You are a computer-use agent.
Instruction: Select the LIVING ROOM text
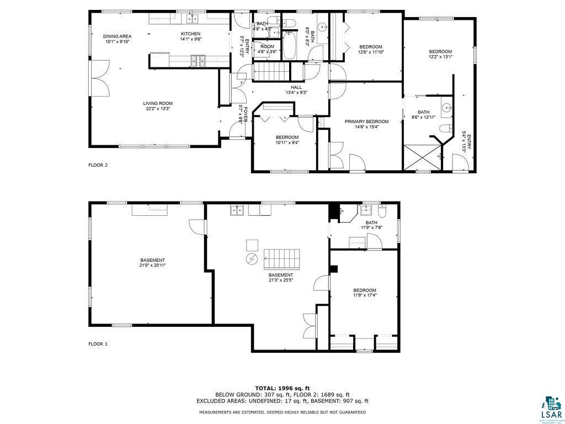click(158, 103)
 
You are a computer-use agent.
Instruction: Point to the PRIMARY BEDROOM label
click(366, 121)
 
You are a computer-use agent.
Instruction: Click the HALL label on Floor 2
click(296, 87)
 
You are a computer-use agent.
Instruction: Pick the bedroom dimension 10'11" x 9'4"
click(287, 142)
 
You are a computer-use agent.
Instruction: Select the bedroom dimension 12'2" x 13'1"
click(440, 57)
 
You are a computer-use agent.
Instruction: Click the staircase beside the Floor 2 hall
click(271, 72)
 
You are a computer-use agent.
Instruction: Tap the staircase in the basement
click(281, 258)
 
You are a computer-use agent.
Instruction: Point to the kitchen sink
click(192, 19)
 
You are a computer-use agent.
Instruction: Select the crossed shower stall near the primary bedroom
click(422, 157)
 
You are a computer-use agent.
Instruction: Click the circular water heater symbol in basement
click(251, 259)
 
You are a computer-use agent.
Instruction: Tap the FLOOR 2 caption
click(98, 165)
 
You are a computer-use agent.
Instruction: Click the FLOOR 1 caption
click(98, 344)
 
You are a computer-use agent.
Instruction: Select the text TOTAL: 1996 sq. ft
click(282, 388)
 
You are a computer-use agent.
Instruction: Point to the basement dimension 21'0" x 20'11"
click(152, 266)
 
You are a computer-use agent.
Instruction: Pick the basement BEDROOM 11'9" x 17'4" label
click(364, 293)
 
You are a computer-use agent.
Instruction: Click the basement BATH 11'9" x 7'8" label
click(371, 225)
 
